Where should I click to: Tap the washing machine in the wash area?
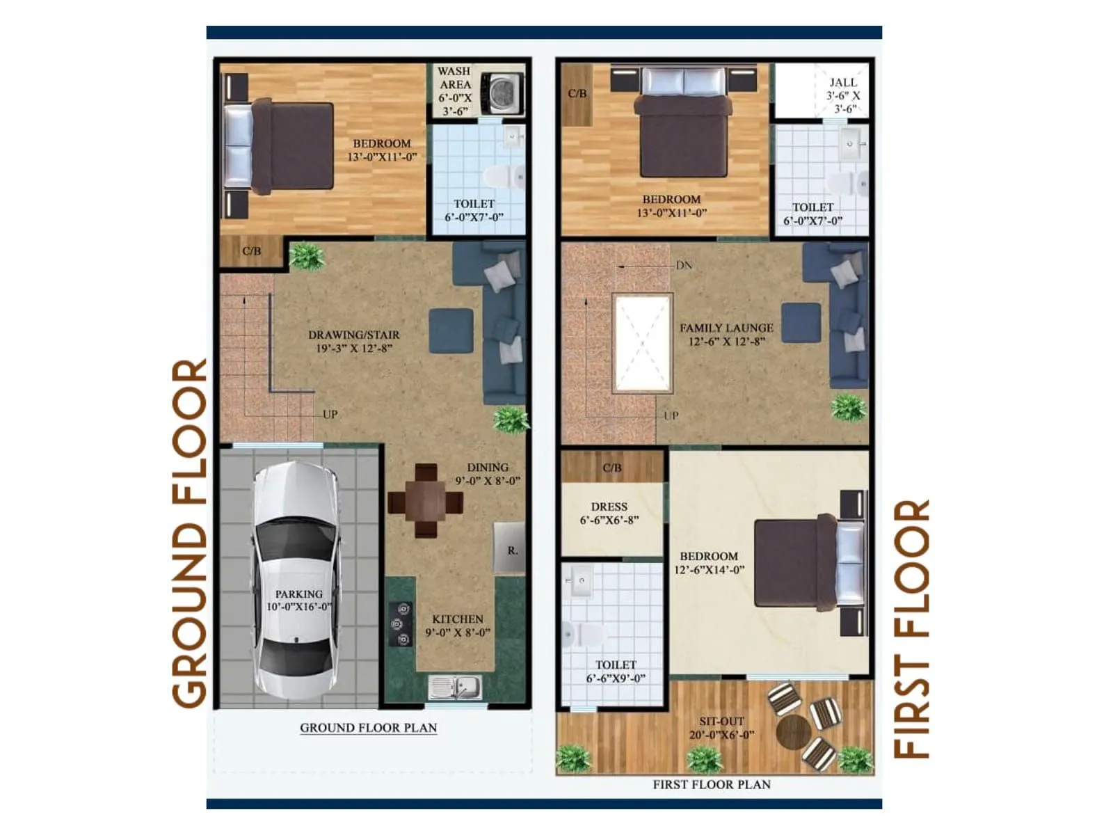click(504, 93)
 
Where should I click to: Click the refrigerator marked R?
click(510, 549)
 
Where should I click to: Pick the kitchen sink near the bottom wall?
click(455, 687)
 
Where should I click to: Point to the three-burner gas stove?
click(401, 624)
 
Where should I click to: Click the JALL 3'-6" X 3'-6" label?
click(843, 95)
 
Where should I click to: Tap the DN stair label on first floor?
click(684, 265)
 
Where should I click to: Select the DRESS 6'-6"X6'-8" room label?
click(609, 514)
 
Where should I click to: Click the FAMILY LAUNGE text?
click(726, 328)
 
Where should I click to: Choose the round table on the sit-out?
click(793, 733)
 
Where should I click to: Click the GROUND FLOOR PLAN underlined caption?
click(368, 728)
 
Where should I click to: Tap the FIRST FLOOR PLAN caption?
click(711, 784)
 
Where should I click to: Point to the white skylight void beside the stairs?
click(642, 343)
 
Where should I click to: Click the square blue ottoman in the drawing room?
click(451, 331)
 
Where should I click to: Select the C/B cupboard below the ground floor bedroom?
click(252, 251)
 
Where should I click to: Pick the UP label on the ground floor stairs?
click(330, 414)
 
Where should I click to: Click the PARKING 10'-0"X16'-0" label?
click(298, 601)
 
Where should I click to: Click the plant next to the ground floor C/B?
click(306, 256)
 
